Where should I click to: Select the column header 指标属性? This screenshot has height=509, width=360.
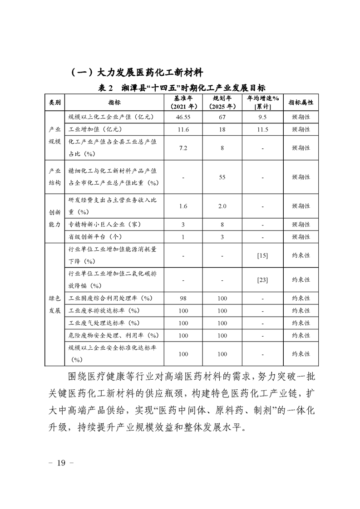tap(301, 103)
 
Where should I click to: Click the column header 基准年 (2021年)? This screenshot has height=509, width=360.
tap(183, 103)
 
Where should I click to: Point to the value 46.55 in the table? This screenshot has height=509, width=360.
tap(183, 117)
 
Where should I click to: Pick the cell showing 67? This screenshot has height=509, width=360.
tap(222, 117)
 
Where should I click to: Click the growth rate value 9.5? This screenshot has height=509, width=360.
tap(263, 117)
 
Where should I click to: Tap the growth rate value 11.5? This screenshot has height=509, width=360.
tap(263, 129)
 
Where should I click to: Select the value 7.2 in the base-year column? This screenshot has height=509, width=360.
tap(183, 148)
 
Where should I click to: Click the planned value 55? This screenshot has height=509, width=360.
tap(222, 177)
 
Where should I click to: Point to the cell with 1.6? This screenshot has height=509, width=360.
tap(183, 206)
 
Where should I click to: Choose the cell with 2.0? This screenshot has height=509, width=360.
tap(222, 206)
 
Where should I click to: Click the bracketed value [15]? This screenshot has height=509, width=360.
tap(262, 256)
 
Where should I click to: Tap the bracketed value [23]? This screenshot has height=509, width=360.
tap(262, 280)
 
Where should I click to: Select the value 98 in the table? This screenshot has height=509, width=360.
tap(183, 298)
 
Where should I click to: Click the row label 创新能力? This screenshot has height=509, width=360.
tap(55, 218)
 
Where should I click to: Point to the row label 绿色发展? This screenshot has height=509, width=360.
tap(55, 304)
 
